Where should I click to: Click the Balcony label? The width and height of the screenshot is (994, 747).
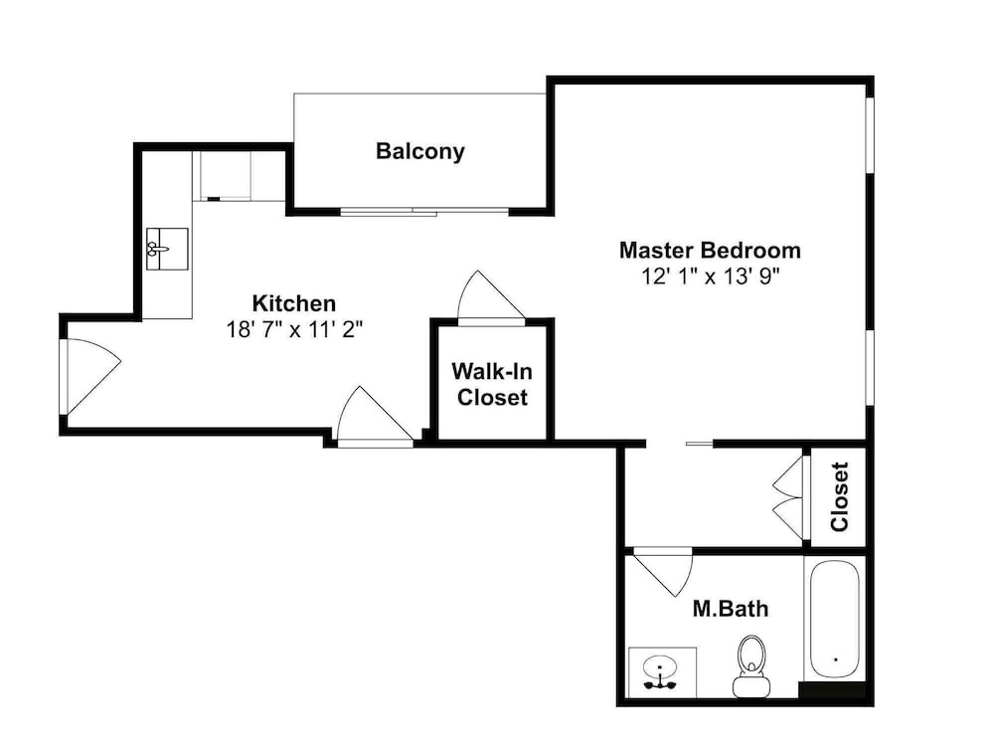(x=420, y=151)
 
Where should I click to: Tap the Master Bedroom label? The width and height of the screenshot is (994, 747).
(x=710, y=250)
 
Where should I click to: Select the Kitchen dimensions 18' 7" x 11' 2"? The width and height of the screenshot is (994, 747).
(x=294, y=330)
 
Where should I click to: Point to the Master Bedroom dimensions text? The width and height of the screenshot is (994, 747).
(x=710, y=277)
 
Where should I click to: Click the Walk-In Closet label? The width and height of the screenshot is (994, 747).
(x=492, y=384)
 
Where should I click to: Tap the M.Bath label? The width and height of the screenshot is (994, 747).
(x=731, y=609)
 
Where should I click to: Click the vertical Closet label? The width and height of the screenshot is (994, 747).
(x=839, y=496)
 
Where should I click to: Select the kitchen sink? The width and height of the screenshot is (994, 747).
(x=167, y=250)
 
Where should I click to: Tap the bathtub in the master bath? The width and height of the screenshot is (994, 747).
(x=834, y=620)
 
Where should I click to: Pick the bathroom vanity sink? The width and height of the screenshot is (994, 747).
(x=660, y=673)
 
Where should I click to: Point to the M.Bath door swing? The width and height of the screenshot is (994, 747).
(x=663, y=571)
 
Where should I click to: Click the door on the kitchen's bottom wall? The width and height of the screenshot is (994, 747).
(x=375, y=416)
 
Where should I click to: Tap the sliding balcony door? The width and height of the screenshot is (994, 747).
(x=424, y=211)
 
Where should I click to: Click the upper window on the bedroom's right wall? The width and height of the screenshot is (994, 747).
(x=870, y=134)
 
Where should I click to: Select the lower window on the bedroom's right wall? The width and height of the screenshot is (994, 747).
(x=870, y=367)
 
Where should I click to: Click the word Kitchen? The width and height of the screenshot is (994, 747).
(x=294, y=303)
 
